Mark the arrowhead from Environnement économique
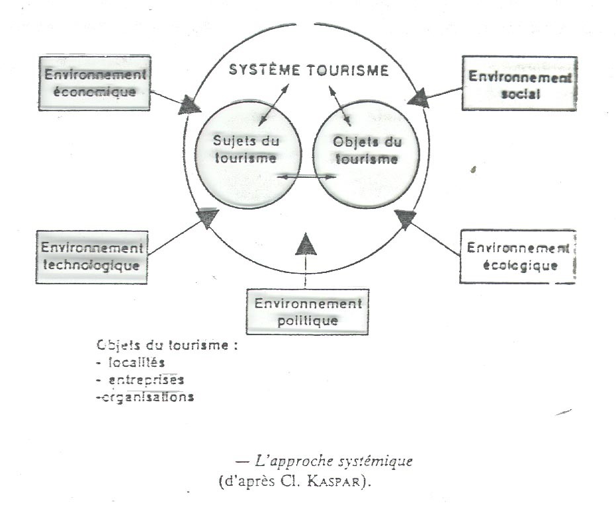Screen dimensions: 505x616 point(191,104)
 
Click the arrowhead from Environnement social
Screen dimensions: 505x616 point(418,100)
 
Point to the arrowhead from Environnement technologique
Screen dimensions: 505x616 point(208,217)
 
